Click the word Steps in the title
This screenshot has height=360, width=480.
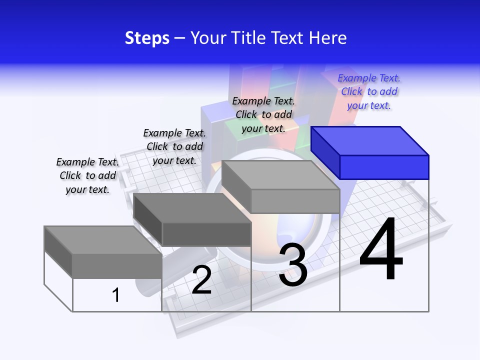coord(147,38)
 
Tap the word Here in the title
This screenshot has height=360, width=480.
coord(328,38)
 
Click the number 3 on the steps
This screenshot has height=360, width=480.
coord(293,264)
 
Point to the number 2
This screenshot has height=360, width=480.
coord(201,280)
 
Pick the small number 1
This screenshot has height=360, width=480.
coord(116,295)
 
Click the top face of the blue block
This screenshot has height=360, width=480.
coord(369,140)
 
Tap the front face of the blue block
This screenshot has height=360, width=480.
coord(384,167)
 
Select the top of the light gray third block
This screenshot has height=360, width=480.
coord(280,175)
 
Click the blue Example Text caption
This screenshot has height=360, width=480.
coord(369,91)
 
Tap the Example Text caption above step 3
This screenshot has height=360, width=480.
coord(263,114)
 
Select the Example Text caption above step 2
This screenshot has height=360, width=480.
coord(174,146)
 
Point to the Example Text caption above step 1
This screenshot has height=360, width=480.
coord(87,175)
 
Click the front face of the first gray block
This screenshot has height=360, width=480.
coord(117,265)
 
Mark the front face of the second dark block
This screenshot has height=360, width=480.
coord(206,234)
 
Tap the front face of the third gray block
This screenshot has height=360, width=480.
coord(295,201)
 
